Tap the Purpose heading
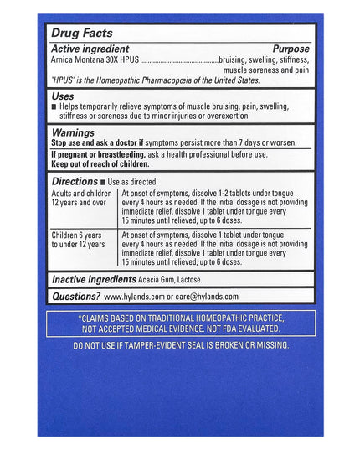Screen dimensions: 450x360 291,49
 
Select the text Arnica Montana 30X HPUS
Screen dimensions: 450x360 95,60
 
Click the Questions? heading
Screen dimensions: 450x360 75,296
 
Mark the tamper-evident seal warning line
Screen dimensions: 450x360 181,344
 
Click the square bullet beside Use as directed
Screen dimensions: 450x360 103,181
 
